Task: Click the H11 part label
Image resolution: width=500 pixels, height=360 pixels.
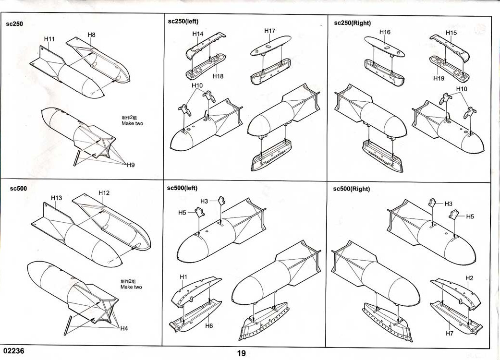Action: click(49, 39)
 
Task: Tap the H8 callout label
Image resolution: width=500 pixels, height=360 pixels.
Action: click(91, 35)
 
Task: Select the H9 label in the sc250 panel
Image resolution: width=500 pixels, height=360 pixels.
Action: click(131, 165)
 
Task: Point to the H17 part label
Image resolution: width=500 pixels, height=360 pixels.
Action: click(269, 31)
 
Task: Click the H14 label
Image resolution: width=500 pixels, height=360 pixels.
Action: click(197, 34)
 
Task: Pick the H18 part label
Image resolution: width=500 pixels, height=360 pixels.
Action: click(218, 76)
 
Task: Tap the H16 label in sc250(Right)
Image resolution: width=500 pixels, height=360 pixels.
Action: click(385, 32)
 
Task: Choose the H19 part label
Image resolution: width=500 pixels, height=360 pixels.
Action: click(439, 78)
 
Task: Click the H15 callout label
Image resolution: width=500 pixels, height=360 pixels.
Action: click(451, 33)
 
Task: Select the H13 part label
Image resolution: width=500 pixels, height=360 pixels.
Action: click(56, 198)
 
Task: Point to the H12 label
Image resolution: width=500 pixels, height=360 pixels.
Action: click(104, 193)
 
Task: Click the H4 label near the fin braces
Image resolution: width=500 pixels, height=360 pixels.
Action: click(124, 328)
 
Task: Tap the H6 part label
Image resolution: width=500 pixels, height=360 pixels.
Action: click(209, 326)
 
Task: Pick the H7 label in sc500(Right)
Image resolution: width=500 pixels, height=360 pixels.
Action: click(450, 333)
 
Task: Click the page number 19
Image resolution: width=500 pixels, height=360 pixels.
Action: click(241, 353)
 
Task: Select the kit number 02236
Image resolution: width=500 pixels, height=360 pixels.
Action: click(13, 351)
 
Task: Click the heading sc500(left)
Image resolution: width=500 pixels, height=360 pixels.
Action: click(182, 188)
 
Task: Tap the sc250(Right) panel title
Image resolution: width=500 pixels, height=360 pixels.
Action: click(353, 23)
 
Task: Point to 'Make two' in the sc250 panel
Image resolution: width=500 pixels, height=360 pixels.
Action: click(132, 123)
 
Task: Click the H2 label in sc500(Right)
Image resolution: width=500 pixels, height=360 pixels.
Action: click(469, 278)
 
